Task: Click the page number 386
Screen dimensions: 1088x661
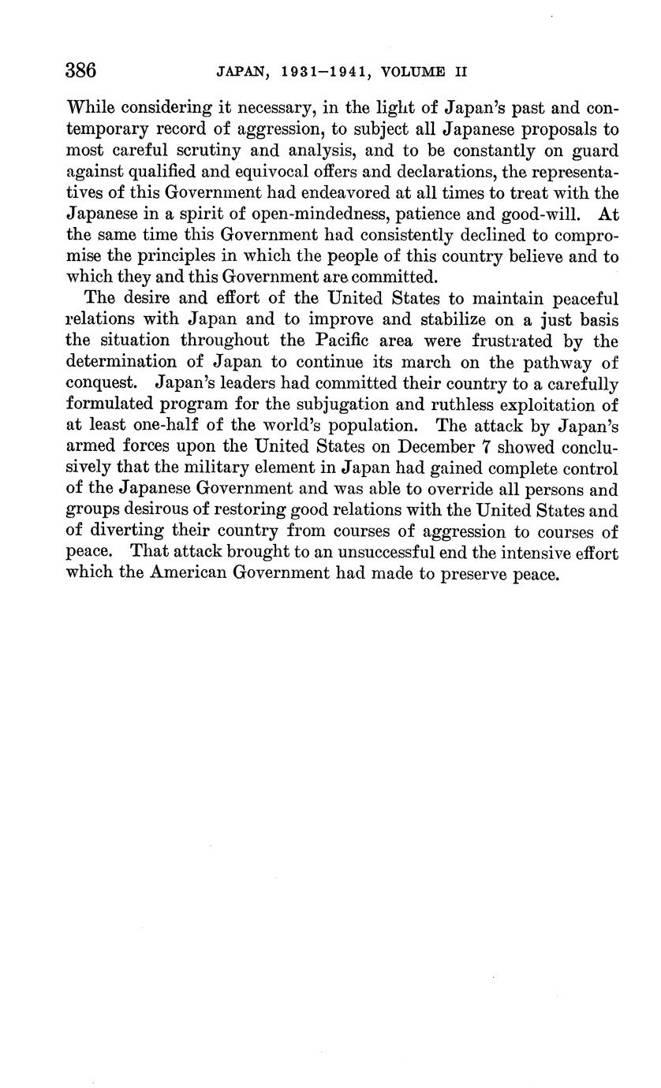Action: (x=80, y=71)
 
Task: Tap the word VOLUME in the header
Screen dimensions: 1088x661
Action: (x=416, y=72)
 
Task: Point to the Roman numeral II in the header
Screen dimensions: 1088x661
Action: (x=461, y=72)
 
